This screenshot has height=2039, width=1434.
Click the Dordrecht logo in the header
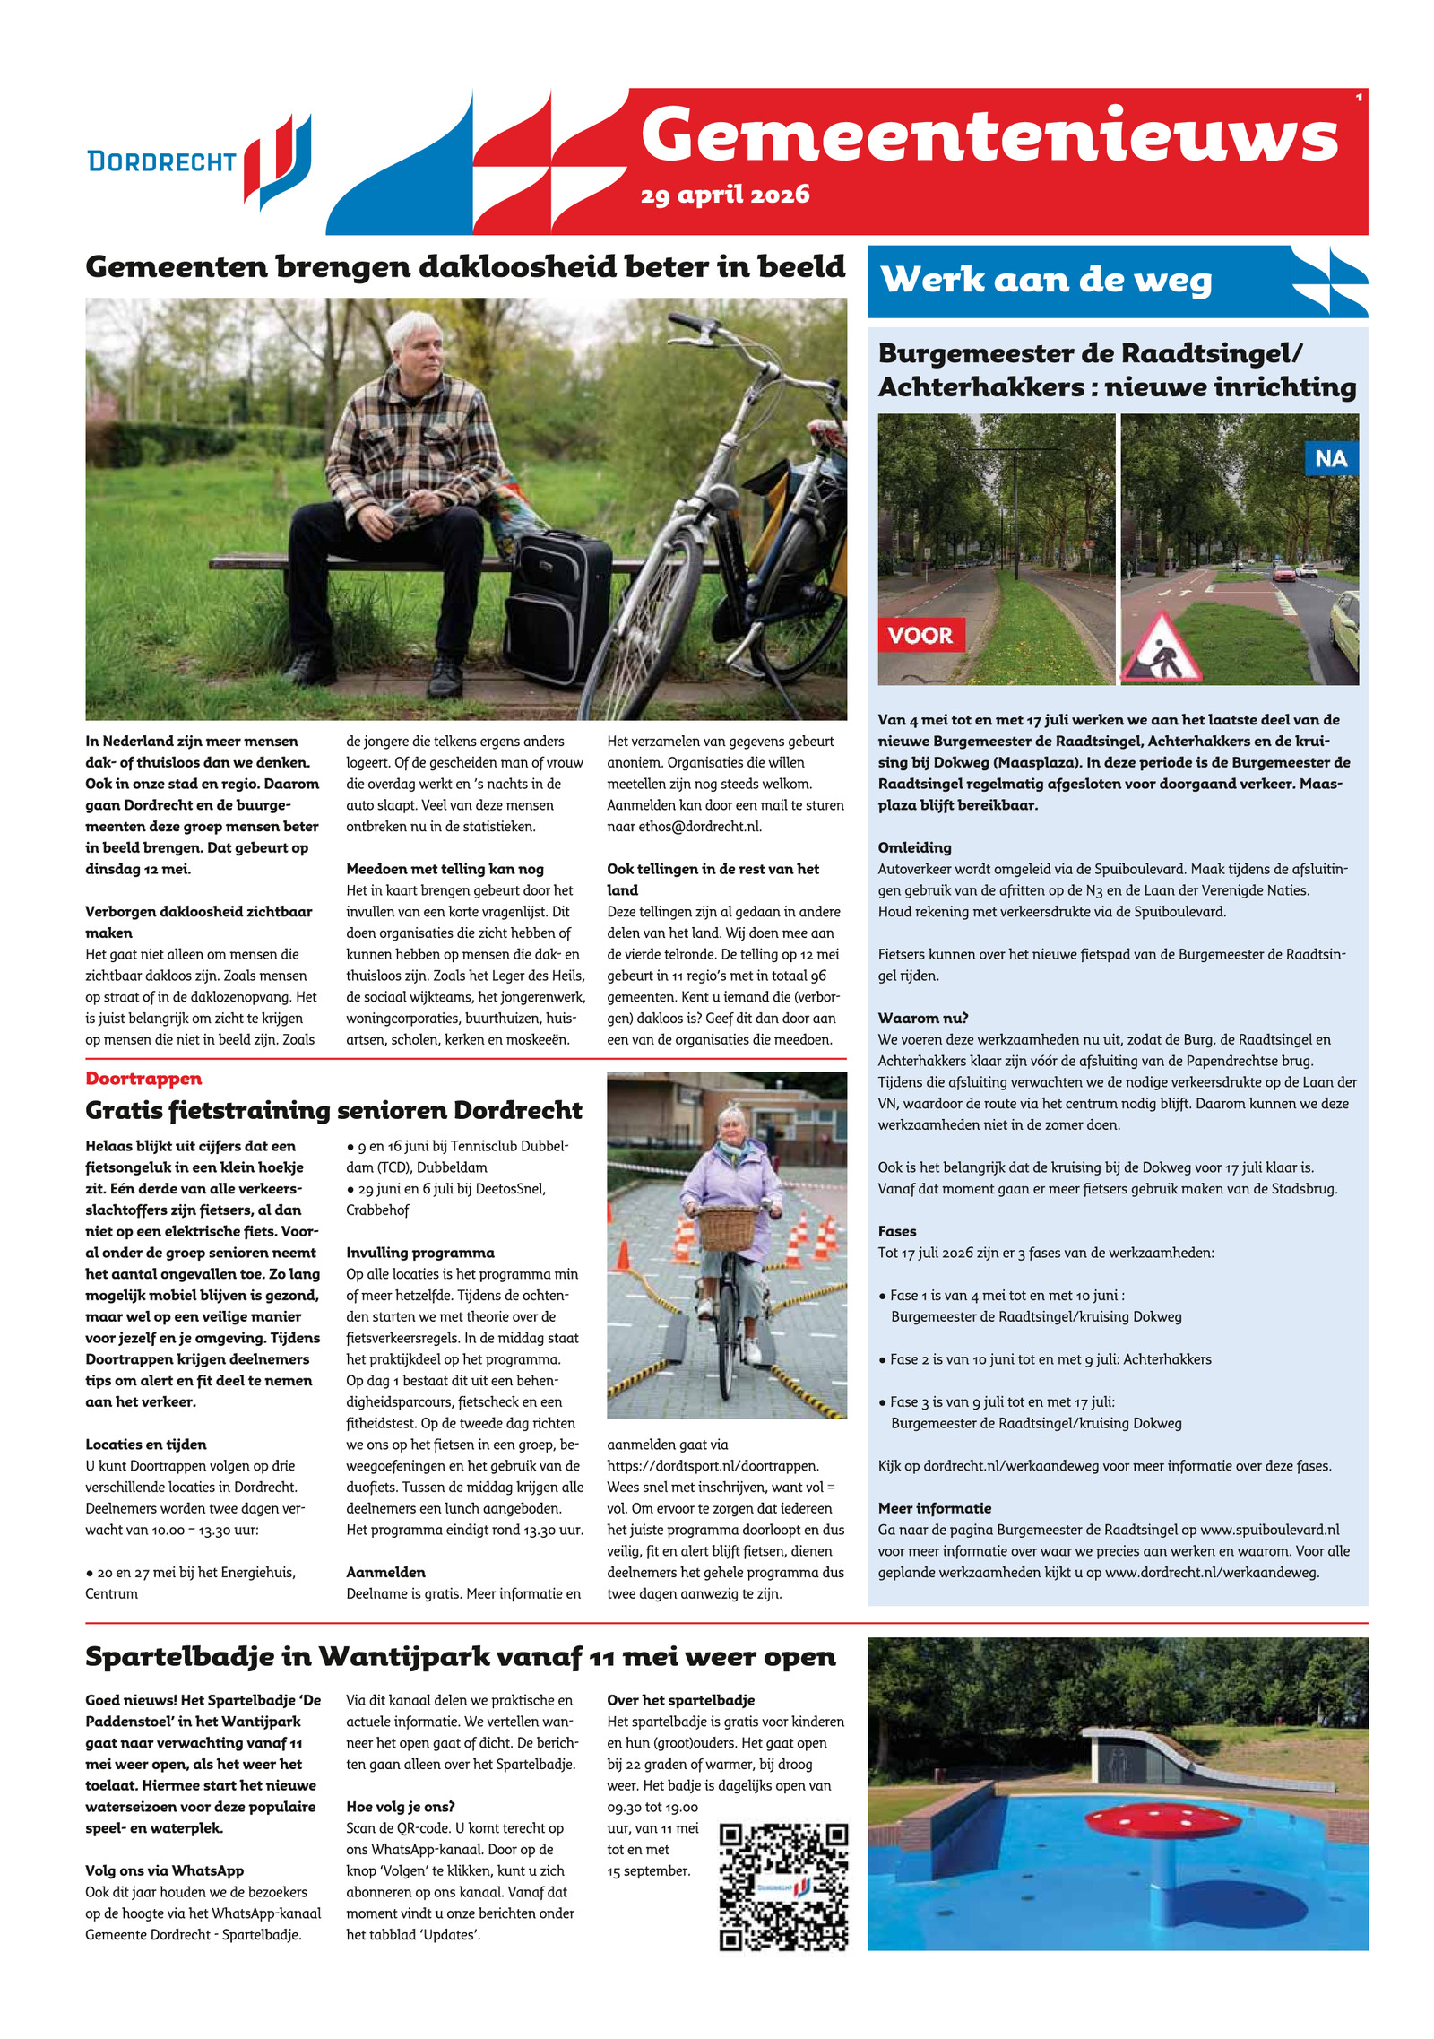199,161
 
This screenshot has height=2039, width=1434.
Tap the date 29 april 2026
724,195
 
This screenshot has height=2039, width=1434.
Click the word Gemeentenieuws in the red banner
989,136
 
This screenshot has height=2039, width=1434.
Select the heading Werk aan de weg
1046,281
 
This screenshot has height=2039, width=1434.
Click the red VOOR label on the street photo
920,635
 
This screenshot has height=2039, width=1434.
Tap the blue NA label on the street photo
1330,459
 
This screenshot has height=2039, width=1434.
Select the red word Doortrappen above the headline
143,1079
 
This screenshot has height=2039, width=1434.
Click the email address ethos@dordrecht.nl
684,827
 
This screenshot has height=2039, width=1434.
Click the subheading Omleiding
914,847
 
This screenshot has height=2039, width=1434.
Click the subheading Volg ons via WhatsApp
164,1870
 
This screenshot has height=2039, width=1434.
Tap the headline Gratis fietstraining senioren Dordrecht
333,1111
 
